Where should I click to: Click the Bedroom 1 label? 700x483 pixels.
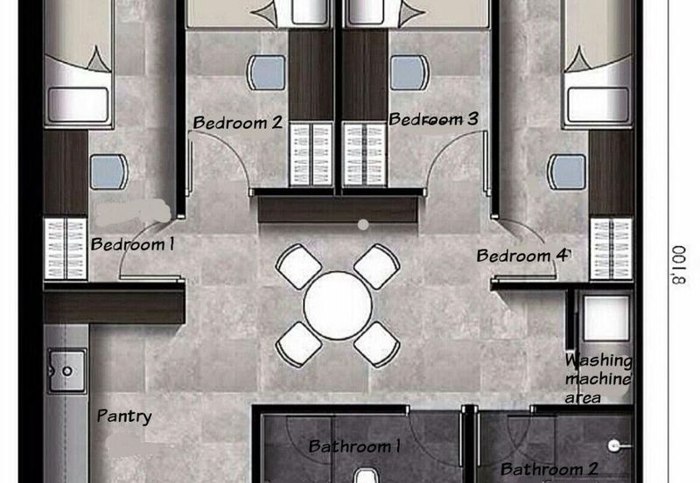(x=133, y=245)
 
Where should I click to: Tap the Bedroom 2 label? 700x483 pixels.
(x=238, y=122)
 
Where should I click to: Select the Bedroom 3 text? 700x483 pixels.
(x=433, y=119)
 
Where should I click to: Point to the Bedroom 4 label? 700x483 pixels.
(x=523, y=255)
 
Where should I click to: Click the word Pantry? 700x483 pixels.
(x=124, y=416)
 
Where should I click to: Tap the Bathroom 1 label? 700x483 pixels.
(x=354, y=446)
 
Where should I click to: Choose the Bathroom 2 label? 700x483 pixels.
(x=549, y=469)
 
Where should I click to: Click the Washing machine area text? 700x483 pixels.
(x=598, y=379)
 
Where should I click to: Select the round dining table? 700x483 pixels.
(x=338, y=305)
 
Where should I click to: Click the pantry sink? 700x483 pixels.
(x=67, y=371)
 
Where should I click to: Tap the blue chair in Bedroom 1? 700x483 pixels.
(x=108, y=171)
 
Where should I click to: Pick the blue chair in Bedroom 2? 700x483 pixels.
(x=267, y=73)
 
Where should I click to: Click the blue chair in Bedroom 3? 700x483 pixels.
(x=409, y=73)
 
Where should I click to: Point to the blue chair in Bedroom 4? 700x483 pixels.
(x=567, y=171)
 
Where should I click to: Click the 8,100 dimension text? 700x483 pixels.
(x=679, y=265)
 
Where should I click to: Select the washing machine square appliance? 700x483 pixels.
(x=606, y=318)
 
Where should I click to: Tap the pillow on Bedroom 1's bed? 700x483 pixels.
(x=79, y=104)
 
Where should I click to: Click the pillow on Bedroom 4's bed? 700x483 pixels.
(x=598, y=104)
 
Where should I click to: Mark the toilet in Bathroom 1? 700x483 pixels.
(x=367, y=476)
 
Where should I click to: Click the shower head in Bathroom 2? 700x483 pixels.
(x=614, y=445)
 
